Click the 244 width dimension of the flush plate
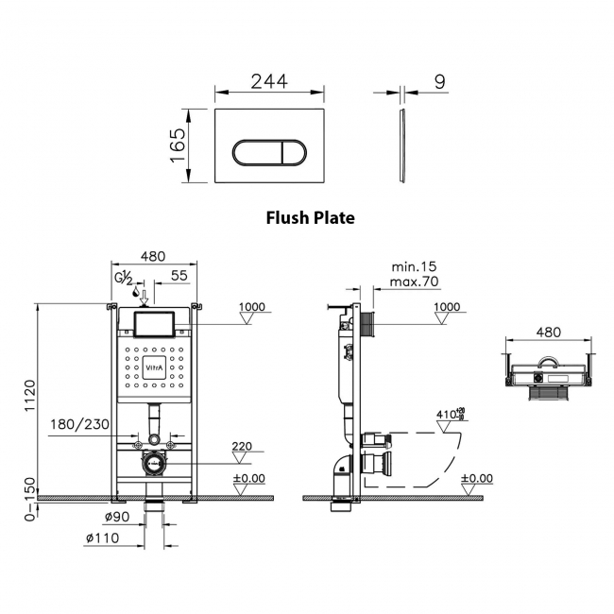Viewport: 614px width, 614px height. click(x=270, y=82)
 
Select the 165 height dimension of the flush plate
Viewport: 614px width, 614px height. click(x=177, y=146)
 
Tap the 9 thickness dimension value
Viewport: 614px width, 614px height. click(x=439, y=82)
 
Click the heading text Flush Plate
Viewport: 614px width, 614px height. click(x=310, y=217)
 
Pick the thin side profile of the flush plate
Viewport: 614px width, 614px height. click(x=403, y=146)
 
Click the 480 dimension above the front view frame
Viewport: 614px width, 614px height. click(x=153, y=256)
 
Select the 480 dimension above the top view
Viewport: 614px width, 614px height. click(x=548, y=332)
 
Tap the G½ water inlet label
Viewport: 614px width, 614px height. click(x=124, y=277)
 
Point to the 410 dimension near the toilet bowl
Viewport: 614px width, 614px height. click(x=447, y=413)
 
